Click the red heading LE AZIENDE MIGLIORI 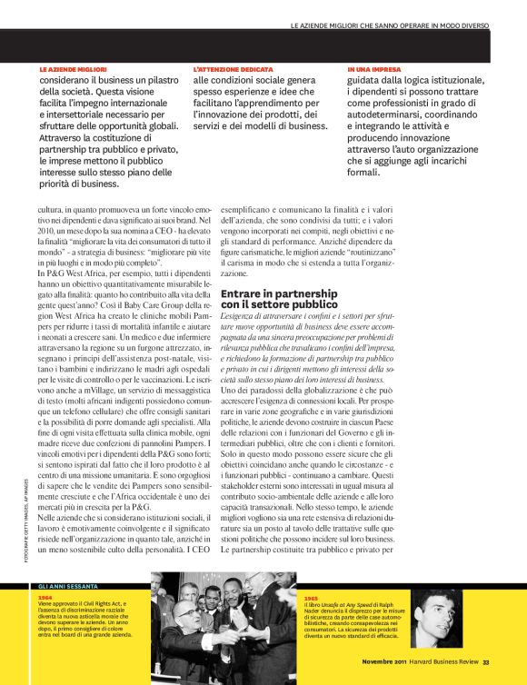pos(74,69)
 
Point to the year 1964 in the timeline pos(45,599)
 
